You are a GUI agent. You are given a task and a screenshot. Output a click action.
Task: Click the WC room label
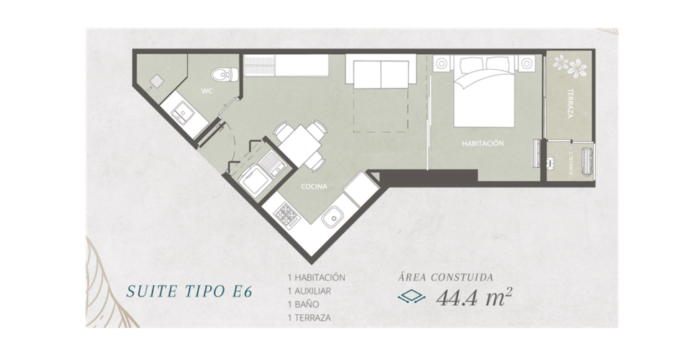click(207, 91)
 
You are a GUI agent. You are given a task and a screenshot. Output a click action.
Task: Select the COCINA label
click(314, 187)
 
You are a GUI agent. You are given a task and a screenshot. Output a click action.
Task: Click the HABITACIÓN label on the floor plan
click(483, 143)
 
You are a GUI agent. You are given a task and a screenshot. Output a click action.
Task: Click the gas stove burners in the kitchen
click(287, 216)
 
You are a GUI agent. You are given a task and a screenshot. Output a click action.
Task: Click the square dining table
click(300, 145)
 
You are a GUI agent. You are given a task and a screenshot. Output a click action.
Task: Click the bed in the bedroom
click(485, 91)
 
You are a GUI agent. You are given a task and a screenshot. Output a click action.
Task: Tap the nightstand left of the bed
click(442, 63)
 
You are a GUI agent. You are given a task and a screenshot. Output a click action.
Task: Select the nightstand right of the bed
click(527, 63)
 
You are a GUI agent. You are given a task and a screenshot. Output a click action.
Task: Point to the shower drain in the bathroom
click(156, 81)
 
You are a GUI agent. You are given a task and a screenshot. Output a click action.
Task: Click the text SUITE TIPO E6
click(190, 292)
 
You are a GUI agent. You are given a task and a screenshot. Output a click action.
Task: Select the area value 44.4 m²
click(474, 297)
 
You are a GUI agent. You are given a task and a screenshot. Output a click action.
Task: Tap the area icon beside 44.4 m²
click(411, 297)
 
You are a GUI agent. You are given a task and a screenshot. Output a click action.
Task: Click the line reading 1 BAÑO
click(304, 304)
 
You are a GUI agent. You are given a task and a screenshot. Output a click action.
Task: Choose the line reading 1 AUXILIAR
click(309, 291)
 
